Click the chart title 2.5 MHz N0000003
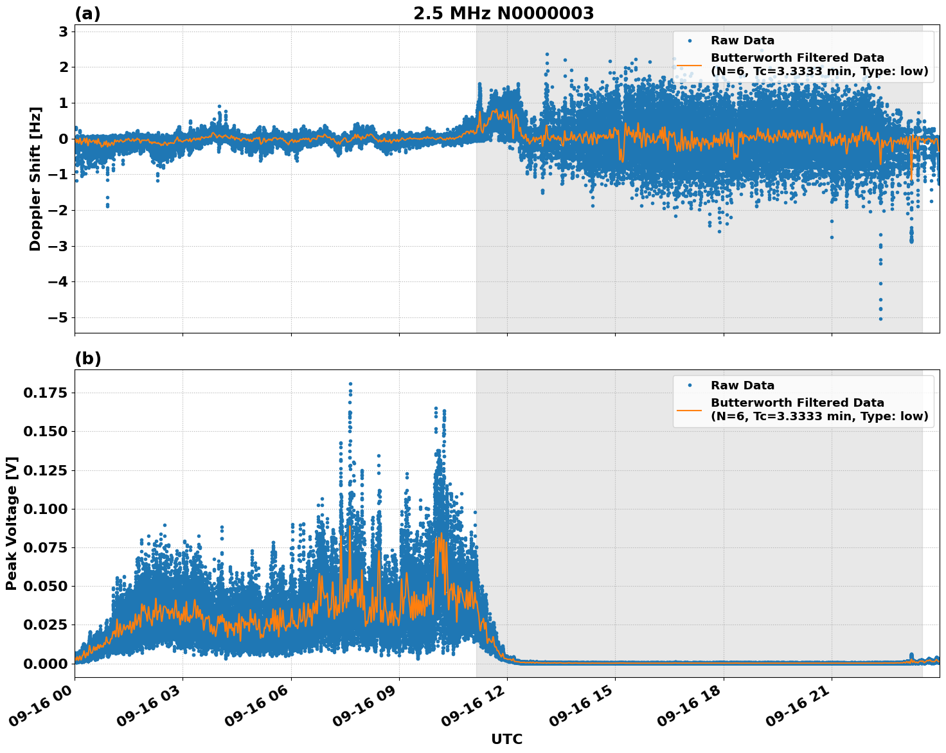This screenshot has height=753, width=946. pyautogui.click(x=503, y=13)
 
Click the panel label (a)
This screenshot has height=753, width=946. pyautogui.click(x=87, y=13)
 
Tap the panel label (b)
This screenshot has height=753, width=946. pyautogui.click(x=87, y=359)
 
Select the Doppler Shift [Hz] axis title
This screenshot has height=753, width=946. pyautogui.click(x=35, y=179)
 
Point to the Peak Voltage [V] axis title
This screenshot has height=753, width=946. pyautogui.click(x=12, y=524)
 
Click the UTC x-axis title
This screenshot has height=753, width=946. pyautogui.click(x=506, y=739)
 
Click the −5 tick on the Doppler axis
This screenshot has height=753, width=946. pyautogui.click(x=57, y=318)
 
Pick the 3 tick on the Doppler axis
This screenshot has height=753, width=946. pyautogui.click(x=64, y=31)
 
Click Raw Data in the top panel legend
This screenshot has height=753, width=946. pyautogui.click(x=742, y=40)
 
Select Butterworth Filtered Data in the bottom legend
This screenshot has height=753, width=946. pyautogui.click(x=797, y=403)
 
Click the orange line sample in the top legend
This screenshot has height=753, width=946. pyautogui.click(x=690, y=64)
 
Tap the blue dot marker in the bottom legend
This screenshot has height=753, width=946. pyautogui.click(x=690, y=385)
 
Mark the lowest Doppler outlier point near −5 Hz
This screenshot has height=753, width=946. pyautogui.click(x=880, y=319)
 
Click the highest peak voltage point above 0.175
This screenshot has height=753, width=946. pyautogui.click(x=350, y=384)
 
